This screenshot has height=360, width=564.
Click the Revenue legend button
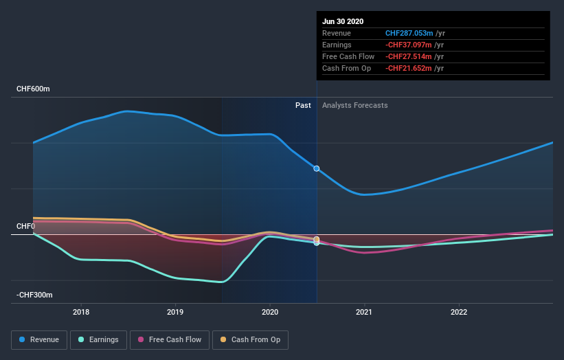point(40,339)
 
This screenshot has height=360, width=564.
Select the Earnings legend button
point(98,339)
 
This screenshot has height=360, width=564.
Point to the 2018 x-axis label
point(81,312)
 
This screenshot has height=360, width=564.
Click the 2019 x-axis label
point(175,312)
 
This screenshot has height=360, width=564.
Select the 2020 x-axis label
point(270,312)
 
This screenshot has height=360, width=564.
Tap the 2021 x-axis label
point(364,312)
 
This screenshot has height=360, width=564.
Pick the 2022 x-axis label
point(459,312)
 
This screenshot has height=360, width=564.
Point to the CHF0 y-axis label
point(26,226)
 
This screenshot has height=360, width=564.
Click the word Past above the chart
point(303,106)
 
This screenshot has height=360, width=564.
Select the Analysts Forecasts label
point(354,106)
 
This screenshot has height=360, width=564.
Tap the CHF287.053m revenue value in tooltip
point(409,33)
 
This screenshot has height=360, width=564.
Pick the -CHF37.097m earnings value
point(409,45)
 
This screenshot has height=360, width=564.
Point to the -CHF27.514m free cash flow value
point(409,56)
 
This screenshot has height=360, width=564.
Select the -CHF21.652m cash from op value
point(409,68)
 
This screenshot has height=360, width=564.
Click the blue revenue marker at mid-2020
point(317,168)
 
